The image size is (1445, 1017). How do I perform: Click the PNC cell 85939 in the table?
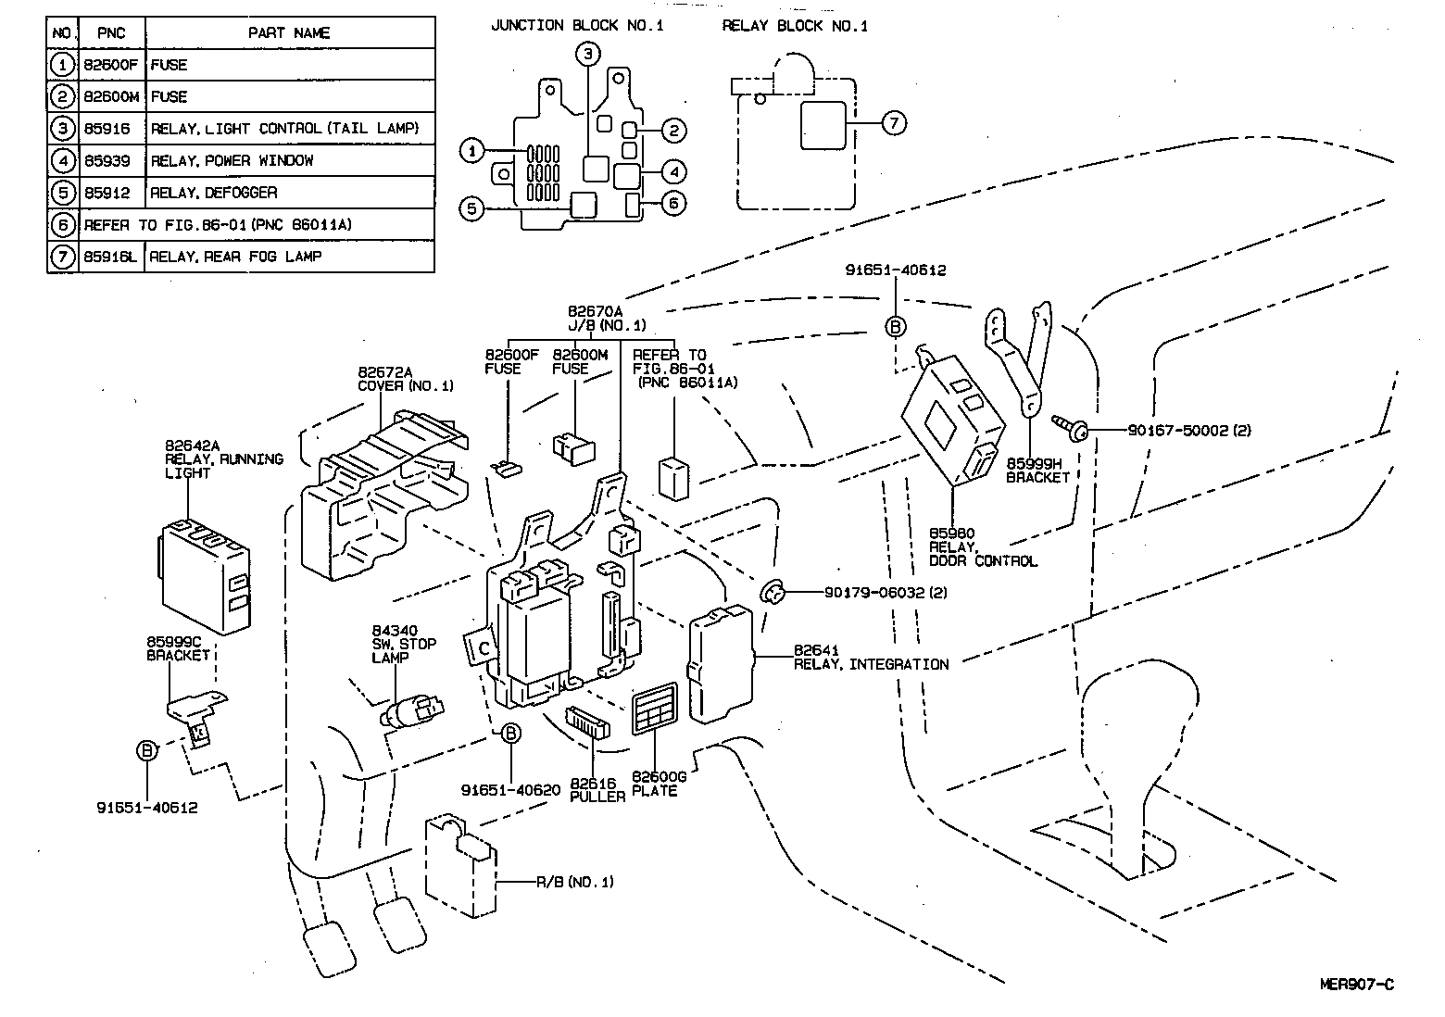[x=107, y=160]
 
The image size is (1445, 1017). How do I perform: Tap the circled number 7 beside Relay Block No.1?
[x=893, y=122]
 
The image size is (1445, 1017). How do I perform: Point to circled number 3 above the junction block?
[x=588, y=54]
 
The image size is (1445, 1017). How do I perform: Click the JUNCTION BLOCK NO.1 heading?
[x=577, y=26]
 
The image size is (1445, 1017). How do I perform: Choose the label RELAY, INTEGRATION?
[x=871, y=664]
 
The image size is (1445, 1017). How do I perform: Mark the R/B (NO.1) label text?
[x=574, y=882]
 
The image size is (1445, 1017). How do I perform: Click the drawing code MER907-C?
[x=1356, y=984]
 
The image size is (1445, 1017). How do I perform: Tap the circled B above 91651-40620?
[x=510, y=734]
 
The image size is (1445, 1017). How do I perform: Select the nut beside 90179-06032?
[x=772, y=591]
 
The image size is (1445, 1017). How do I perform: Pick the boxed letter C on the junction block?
[x=483, y=647]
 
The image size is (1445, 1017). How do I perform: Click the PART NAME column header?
[x=289, y=32]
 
